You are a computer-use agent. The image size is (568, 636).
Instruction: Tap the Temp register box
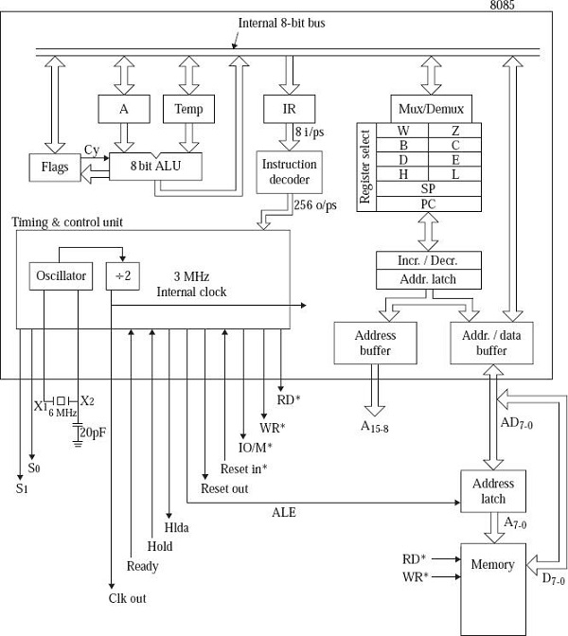pos(188,109)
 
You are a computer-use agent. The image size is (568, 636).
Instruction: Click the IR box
pos(290,109)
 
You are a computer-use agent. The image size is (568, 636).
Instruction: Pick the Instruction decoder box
pos(290,171)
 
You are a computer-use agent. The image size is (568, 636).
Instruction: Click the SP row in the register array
pos(430,187)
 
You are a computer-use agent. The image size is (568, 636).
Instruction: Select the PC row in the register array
pos(430,203)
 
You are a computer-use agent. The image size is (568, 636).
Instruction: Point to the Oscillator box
pos(60,276)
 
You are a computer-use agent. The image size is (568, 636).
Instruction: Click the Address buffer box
pos(375,343)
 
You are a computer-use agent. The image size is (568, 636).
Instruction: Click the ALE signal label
pos(283,512)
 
